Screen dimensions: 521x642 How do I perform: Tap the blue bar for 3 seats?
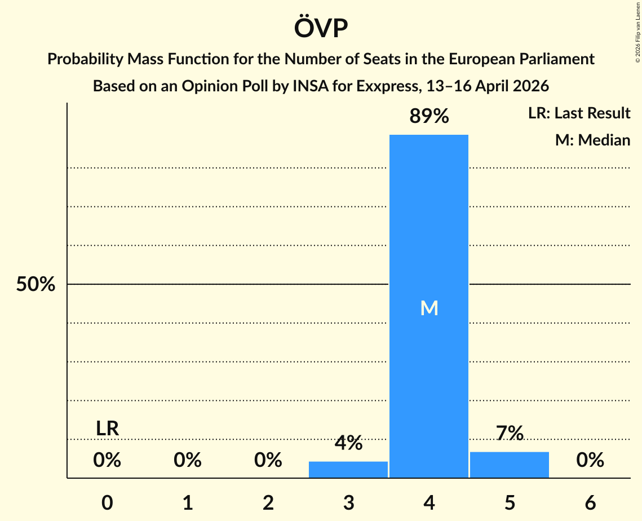coord(348,470)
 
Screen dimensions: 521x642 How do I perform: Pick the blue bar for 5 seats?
coord(510,465)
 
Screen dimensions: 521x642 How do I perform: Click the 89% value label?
coord(429,117)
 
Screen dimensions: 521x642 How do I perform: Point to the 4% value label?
coord(348,443)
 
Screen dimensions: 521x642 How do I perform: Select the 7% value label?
coord(510,434)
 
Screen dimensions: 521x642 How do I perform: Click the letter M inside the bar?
coord(429,308)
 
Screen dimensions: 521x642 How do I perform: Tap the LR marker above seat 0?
coord(107,429)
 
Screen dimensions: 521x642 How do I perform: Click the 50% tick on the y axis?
coord(36,285)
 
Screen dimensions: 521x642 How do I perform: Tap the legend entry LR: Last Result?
coord(579,113)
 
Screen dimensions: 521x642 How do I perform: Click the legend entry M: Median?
coord(592,140)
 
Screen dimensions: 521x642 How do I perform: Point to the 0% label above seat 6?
coord(590,461)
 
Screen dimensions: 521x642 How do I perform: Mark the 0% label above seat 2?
coord(268,461)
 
